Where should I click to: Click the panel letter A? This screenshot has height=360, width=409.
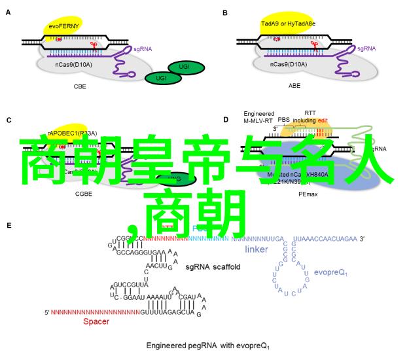click(x=9, y=12)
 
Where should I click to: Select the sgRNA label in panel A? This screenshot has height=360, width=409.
click(x=143, y=48)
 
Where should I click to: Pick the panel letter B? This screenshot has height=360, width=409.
click(x=225, y=12)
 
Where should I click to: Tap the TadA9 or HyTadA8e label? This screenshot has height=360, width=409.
click(x=287, y=24)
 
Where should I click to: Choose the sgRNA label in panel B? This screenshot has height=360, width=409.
click(x=367, y=48)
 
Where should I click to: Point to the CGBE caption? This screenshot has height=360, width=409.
click(x=84, y=194)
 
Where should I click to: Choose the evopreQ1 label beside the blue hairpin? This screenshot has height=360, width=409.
click(x=330, y=272)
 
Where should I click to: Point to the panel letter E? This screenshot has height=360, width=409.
click(x=9, y=225)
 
